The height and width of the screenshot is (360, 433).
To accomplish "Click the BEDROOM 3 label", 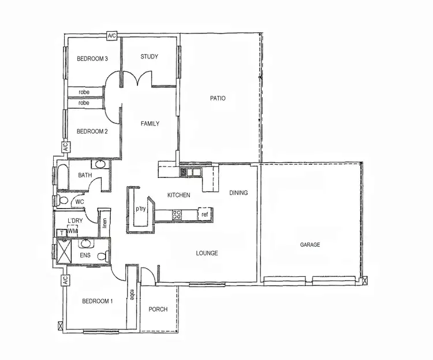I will [92, 58].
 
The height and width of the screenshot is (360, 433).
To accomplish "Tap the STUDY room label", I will [149, 57].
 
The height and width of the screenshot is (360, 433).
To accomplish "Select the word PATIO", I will [218, 98].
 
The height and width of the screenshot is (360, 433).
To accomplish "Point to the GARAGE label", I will [309, 244].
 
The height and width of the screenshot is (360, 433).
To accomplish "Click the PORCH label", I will [158, 309].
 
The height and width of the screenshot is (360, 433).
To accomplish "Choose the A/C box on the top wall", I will [112, 36].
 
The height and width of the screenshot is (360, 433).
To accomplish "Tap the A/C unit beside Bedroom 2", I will [65, 147].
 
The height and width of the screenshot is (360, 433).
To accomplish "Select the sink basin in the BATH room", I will [100, 165].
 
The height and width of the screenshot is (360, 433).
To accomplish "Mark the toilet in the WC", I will [63, 201].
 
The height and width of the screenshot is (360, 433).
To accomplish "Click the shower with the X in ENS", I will [61, 251].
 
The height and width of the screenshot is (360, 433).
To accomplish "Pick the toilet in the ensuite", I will [102, 256].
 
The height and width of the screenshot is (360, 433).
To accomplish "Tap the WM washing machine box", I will [73, 231].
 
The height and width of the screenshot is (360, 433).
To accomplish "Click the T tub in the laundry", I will [62, 232].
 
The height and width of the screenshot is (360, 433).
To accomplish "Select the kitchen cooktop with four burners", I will [178, 214].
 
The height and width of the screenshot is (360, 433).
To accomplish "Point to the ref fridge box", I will [204, 214].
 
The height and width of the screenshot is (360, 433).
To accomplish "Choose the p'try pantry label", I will [140, 209].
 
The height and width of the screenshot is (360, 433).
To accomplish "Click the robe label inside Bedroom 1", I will [132, 295].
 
